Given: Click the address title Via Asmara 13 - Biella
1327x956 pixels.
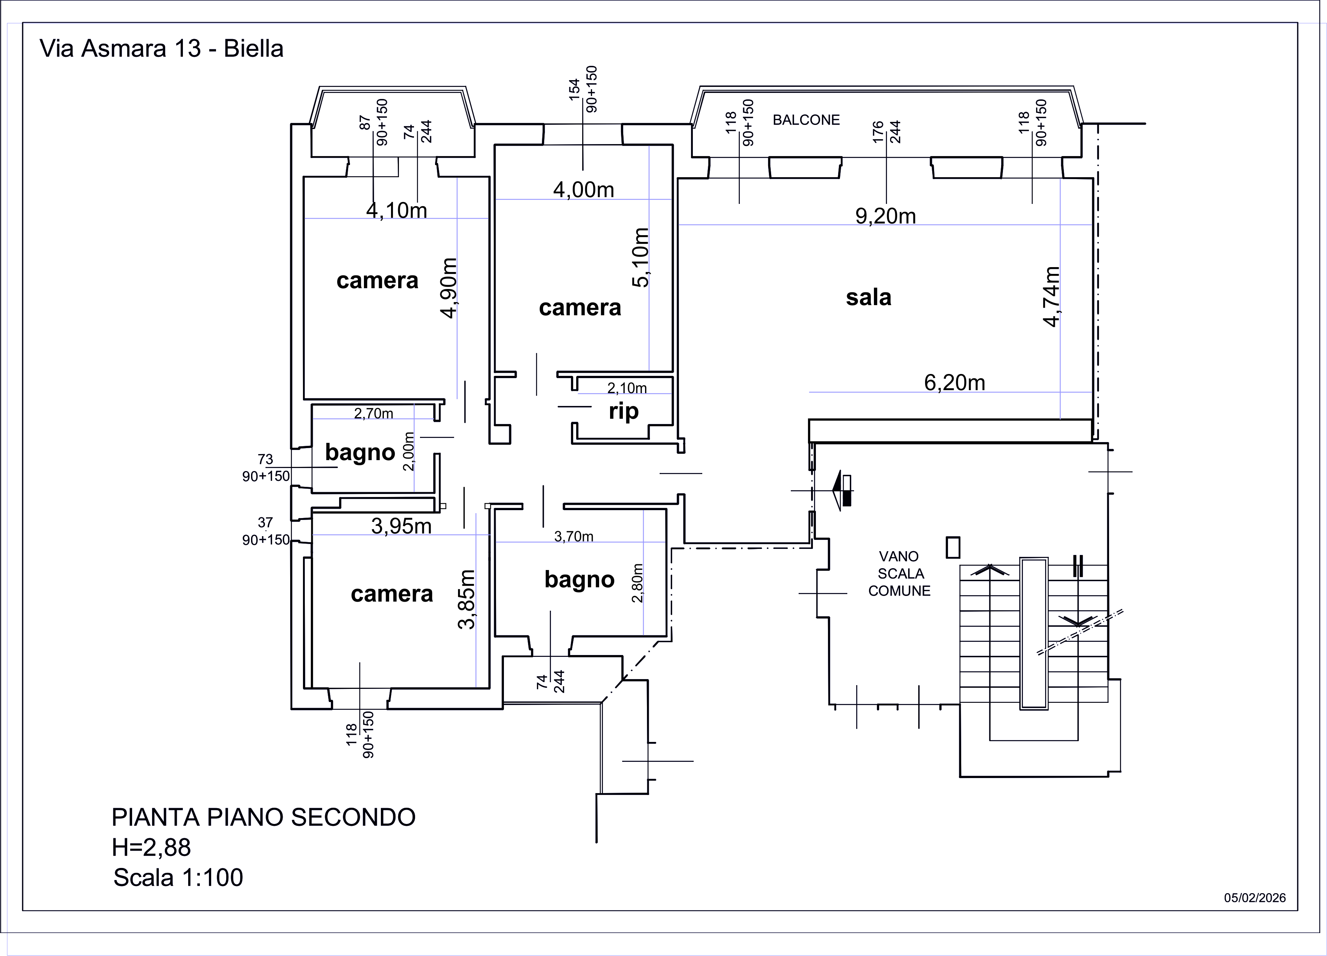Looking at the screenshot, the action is (x=161, y=49).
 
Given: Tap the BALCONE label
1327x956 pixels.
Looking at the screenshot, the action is (x=806, y=120).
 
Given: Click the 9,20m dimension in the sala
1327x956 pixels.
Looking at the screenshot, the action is (x=885, y=216).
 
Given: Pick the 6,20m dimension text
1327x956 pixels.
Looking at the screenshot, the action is (x=954, y=383).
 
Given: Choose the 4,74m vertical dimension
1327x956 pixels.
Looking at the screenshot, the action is (x=1052, y=296).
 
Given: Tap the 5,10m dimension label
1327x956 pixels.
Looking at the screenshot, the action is (x=641, y=257).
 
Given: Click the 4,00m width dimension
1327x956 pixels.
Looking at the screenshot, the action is (x=583, y=190).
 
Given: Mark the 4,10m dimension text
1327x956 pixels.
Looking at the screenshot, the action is (x=397, y=210).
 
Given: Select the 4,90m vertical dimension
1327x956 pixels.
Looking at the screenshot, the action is (x=449, y=289).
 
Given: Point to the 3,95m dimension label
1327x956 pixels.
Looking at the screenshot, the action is (x=402, y=526).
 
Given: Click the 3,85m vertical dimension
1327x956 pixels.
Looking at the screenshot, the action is (x=466, y=599).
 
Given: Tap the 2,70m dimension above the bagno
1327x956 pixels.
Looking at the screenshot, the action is (x=373, y=413).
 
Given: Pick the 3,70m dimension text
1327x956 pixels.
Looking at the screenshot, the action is (x=574, y=537).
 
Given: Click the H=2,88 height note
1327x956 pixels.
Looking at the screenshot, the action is (x=152, y=848).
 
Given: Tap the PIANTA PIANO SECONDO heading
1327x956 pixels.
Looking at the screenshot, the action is (x=263, y=817).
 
